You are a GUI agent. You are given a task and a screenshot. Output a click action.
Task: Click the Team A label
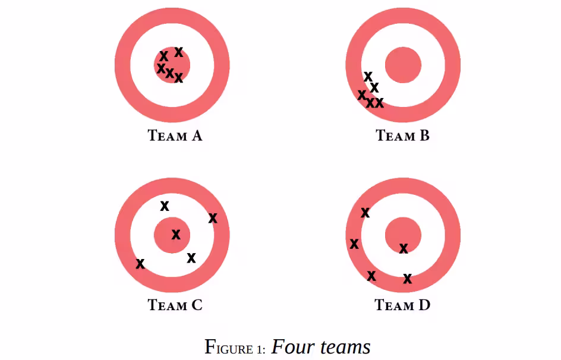click(175, 136)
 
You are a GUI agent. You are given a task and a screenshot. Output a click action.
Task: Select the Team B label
click(402, 136)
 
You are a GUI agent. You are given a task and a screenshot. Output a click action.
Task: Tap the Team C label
click(175, 305)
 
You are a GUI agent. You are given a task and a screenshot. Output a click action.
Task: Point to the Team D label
click(402, 305)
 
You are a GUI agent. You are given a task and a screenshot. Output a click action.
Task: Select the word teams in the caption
click(345, 347)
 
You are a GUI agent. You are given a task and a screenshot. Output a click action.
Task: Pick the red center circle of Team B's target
click(403, 65)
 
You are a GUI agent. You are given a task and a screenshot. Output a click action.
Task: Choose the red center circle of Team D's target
click(403, 235)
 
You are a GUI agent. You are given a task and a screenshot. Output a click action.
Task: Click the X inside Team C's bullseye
click(176, 235)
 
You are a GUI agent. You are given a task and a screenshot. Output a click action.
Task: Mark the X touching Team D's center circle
click(404, 248)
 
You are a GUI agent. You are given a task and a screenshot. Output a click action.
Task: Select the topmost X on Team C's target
click(165, 206)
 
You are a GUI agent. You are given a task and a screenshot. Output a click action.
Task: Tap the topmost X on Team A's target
click(178, 52)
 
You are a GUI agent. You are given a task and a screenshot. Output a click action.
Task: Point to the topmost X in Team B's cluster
click(368, 77)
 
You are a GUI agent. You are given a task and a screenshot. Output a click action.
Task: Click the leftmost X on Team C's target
click(140, 264)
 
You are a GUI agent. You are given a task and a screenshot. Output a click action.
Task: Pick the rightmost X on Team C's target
click(213, 217)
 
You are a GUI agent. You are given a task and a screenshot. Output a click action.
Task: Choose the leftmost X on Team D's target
click(354, 244)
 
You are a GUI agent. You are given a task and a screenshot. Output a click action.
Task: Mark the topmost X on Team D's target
click(365, 213)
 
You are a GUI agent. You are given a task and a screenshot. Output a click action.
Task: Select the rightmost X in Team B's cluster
click(379, 103)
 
